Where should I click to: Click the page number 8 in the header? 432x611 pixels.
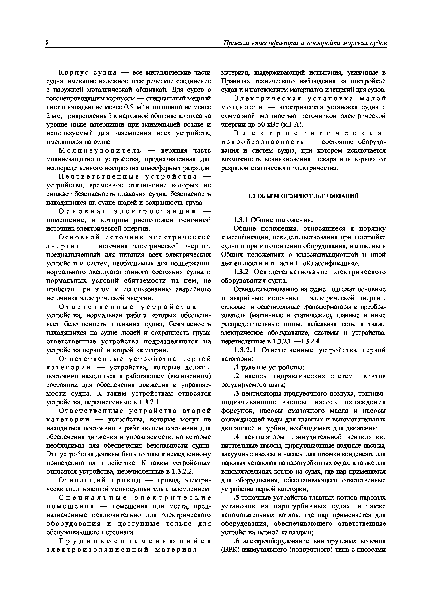point(47,43)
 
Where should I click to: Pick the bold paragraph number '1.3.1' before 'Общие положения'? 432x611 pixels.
point(241,220)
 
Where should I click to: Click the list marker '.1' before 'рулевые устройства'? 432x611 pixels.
point(236,368)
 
